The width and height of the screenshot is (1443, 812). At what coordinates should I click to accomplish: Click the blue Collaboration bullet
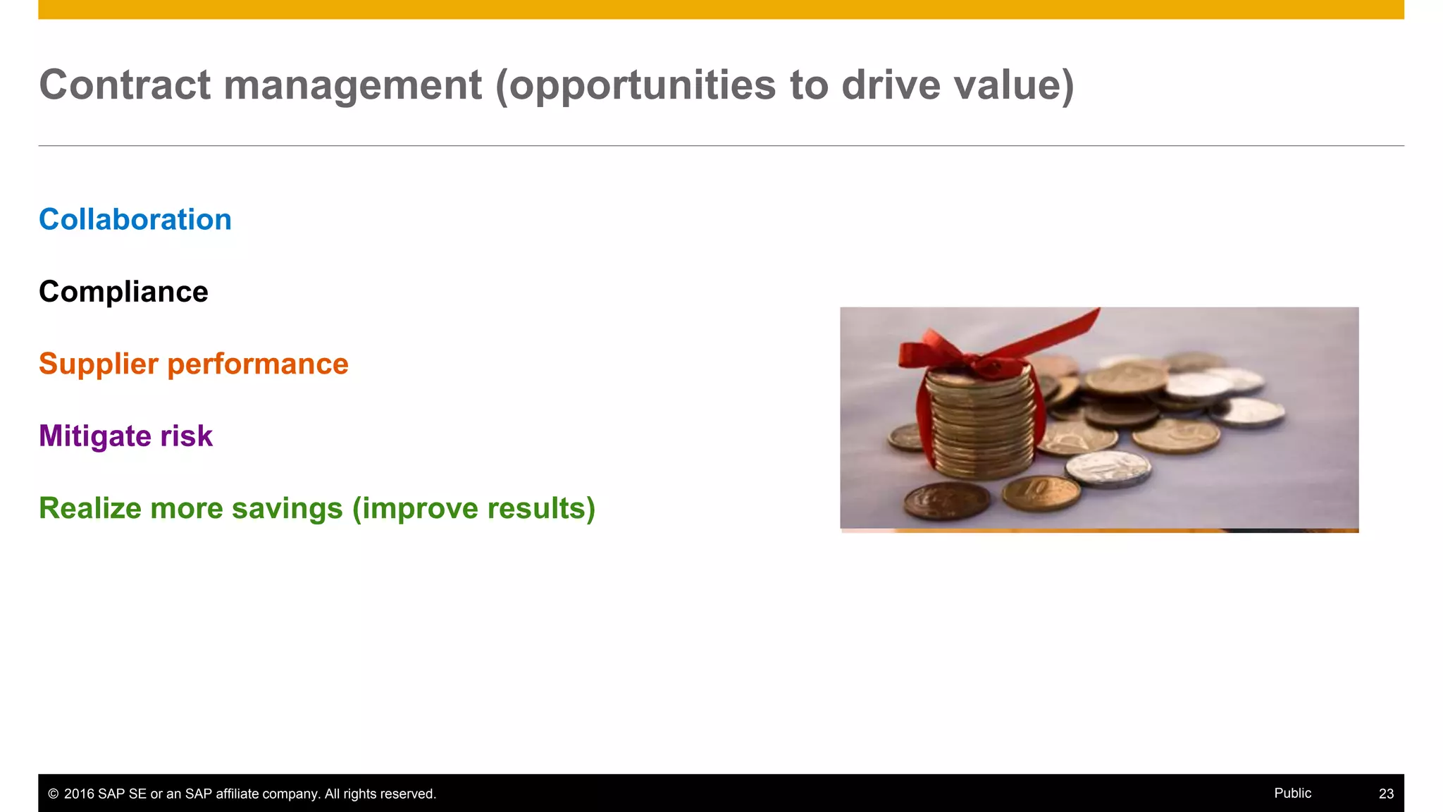(135, 220)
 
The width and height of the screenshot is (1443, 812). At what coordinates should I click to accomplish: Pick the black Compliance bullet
(123, 292)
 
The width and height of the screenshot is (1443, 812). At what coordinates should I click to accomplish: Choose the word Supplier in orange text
(99, 364)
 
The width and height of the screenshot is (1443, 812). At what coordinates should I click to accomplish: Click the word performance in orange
(258, 364)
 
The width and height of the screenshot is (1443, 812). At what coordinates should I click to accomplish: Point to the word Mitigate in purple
(94, 436)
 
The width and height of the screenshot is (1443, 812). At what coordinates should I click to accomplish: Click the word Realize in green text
(89, 508)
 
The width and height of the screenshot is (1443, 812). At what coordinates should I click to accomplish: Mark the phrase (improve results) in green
(473, 508)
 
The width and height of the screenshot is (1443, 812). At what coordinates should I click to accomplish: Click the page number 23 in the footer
(1386, 794)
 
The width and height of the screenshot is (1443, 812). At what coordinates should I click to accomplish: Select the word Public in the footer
(1292, 793)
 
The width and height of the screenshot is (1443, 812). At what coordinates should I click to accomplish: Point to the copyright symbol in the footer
(53, 794)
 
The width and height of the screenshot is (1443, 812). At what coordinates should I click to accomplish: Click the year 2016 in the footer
(79, 794)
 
